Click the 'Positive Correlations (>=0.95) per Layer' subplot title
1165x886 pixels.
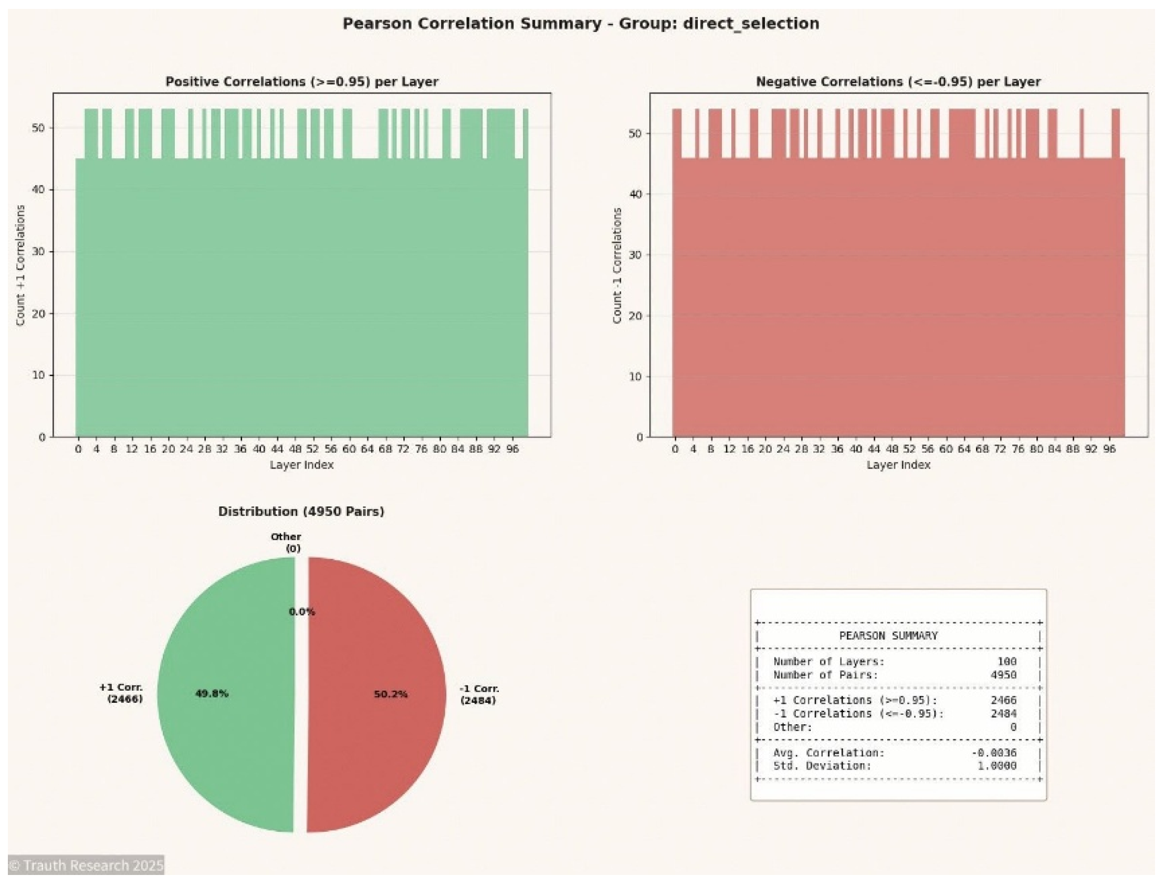(x=301, y=82)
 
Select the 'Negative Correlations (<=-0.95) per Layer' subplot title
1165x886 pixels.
(x=898, y=82)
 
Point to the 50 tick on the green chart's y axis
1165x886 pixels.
(x=38, y=128)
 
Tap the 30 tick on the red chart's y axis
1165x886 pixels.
(x=635, y=255)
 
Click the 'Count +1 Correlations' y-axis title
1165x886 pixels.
(x=20, y=265)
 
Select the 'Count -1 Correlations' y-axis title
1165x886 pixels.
(x=617, y=265)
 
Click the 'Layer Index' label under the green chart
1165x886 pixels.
(x=301, y=465)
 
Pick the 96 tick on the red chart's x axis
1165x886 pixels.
(x=1109, y=450)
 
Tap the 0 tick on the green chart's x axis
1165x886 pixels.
(x=78, y=450)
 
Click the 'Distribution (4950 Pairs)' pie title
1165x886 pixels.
(x=301, y=512)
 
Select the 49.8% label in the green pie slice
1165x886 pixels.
(x=212, y=693)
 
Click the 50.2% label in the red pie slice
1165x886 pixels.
(x=391, y=694)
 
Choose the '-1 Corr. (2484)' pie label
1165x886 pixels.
(x=478, y=694)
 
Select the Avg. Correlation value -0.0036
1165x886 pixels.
(x=994, y=753)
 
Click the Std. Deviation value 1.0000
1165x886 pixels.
(x=996, y=766)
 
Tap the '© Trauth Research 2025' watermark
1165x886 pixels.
(x=86, y=866)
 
